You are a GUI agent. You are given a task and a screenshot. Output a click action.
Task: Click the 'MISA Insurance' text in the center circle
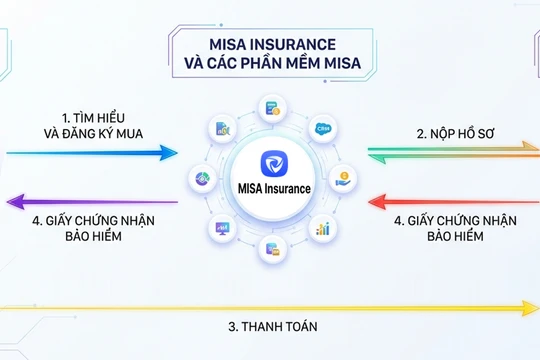(x=269, y=189)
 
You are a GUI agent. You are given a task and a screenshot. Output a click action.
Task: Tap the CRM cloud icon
(x=321, y=129)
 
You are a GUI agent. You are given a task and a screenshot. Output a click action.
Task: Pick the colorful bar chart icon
(x=322, y=228)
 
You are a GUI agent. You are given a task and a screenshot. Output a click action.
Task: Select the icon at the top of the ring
(x=270, y=108)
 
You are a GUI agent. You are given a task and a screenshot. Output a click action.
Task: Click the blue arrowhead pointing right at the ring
(x=170, y=153)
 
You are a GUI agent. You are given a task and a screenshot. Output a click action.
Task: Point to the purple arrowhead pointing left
(x=14, y=202)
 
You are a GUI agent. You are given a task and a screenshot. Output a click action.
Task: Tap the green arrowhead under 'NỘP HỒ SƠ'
(x=376, y=154)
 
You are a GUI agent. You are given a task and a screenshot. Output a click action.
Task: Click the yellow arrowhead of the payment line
(x=529, y=307)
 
